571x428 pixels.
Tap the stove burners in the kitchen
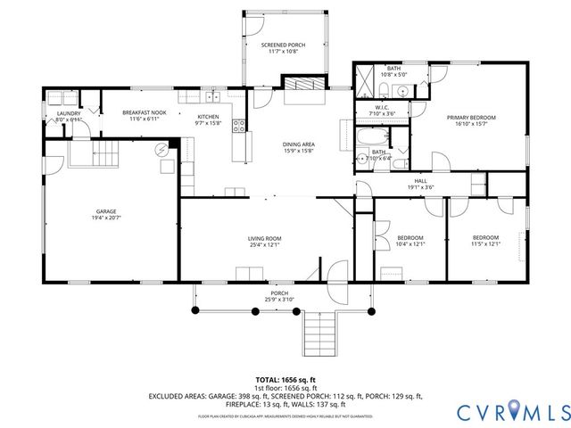[x=238, y=126]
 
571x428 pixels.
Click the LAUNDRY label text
[x=69, y=113]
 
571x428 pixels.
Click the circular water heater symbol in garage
[x=163, y=152]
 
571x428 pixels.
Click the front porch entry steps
[x=318, y=334]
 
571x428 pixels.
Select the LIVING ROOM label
[x=265, y=239]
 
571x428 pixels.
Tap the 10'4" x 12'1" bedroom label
[x=410, y=241]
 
